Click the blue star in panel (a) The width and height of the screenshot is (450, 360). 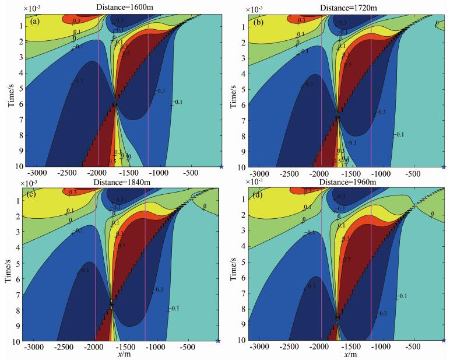(221, 167)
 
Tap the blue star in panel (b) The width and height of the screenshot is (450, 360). (444, 167)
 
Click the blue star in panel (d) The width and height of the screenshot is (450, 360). (444, 340)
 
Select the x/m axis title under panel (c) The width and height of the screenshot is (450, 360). (124, 354)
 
